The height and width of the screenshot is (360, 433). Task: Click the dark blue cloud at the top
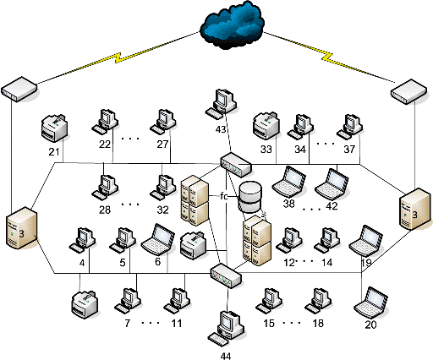point(232,25)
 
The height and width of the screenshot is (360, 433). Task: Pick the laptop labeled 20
point(371,303)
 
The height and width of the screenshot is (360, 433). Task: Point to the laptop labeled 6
point(158,239)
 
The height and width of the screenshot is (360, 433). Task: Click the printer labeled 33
point(266,126)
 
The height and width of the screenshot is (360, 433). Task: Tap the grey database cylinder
point(250,197)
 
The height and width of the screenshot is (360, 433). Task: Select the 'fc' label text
point(224,196)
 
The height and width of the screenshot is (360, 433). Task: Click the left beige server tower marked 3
point(22,228)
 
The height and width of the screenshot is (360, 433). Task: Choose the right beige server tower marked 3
point(415,209)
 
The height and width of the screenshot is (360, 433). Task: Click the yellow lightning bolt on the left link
point(118,58)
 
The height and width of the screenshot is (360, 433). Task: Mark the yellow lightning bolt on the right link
point(327,57)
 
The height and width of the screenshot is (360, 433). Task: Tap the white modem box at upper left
point(19,89)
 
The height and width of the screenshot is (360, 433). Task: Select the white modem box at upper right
point(408,92)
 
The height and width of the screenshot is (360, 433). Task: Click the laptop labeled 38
point(289,182)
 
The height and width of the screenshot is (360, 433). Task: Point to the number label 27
point(162,145)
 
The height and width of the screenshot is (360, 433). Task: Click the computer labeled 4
point(82,239)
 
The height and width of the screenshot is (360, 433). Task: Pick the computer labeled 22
point(105,121)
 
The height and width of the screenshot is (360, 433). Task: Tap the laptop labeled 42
point(332,184)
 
